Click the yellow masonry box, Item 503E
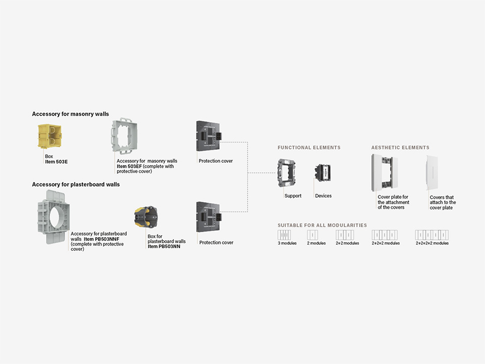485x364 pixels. click(50, 136)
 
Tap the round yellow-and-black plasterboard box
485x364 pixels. click(145, 218)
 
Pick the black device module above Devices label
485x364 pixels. click(323, 171)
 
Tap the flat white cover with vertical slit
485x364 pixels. click(432, 173)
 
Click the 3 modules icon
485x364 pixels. click(284, 235)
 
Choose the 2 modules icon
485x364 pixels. click(312, 235)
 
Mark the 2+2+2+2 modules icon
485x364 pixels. click(432, 235)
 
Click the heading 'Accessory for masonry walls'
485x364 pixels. click(71, 114)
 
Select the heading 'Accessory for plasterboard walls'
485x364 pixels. click(76, 185)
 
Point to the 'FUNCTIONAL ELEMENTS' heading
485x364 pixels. click(309, 148)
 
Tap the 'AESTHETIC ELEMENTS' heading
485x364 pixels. click(400, 148)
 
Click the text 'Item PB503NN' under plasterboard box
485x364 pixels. click(164, 246)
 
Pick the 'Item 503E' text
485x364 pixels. click(56, 162)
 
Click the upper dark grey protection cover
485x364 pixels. click(209, 136)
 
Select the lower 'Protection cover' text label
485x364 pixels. click(216, 243)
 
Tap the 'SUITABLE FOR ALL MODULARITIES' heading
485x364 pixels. click(322, 225)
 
